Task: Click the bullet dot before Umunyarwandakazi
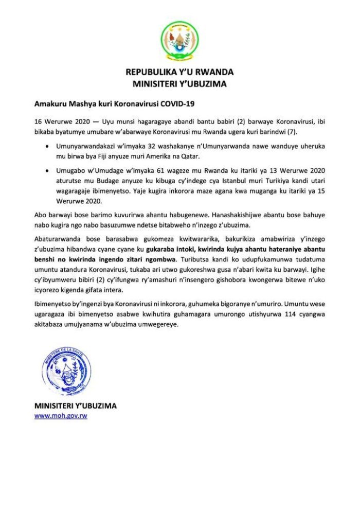(x=48, y=146)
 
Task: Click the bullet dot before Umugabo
(x=48, y=170)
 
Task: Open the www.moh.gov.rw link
(x=60, y=415)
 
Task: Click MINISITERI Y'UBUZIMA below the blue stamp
(x=75, y=406)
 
